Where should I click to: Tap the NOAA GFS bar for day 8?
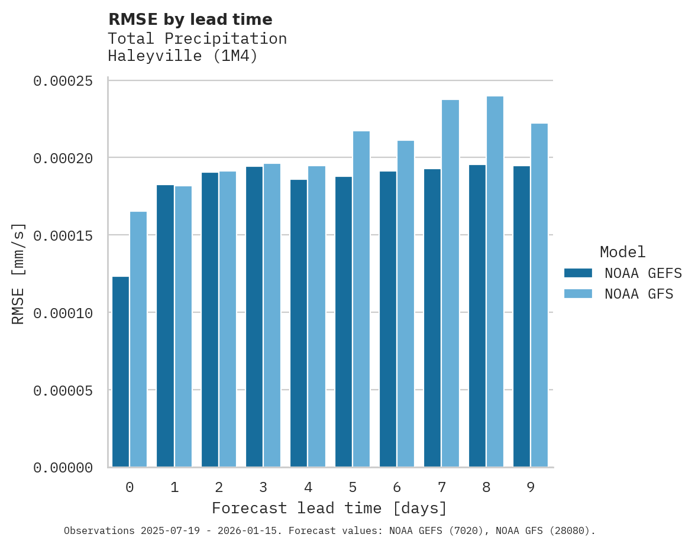pos(495,281)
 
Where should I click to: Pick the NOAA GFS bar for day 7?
pos(450,283)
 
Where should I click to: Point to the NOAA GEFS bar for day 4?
pos(299,323)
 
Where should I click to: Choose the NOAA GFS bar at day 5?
pos(361,299)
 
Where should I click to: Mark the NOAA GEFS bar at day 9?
pos(522,316)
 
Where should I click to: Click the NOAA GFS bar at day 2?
pos(228,319)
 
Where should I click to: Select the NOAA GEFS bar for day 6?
pos(388,319)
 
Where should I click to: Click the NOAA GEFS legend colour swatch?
pos(578,273)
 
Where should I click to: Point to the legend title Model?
pos(622,252)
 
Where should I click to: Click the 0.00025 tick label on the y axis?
pos(63,81)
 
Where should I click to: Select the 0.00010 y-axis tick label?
pos(63,313)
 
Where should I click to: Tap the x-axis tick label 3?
pos(263,487)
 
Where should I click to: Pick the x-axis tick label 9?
pos(531,487)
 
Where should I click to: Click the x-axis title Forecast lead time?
pos(329,509)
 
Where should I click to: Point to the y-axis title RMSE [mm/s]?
pos(19,273)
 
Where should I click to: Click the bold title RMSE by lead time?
pos(190,20)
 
